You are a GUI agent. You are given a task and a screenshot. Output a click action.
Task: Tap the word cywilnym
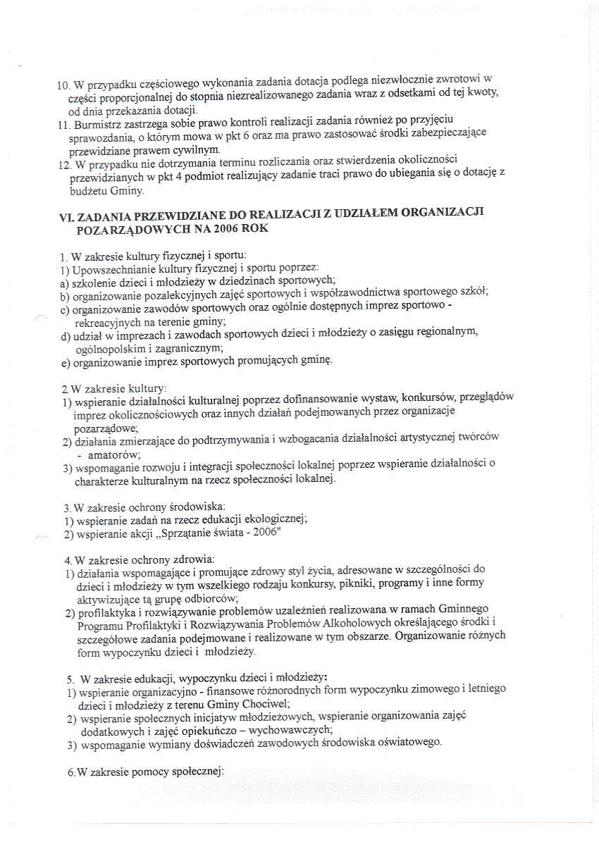[x=201, y=150]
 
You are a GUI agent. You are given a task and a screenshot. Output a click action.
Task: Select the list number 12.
[x=62, y=163]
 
